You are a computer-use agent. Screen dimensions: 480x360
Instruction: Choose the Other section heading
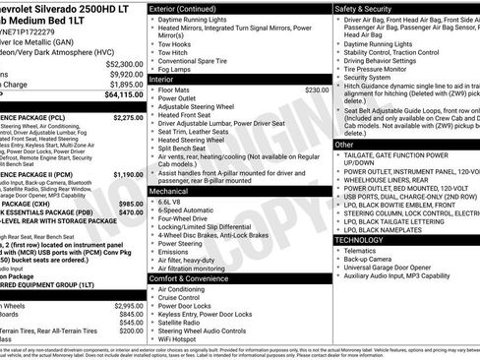pyautogui.click(x=344, y=145)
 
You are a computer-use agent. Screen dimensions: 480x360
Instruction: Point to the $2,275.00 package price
pyautogui.click(x=128, y=117)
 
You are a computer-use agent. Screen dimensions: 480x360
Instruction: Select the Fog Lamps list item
pyautogui.click(x=178, y=70)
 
